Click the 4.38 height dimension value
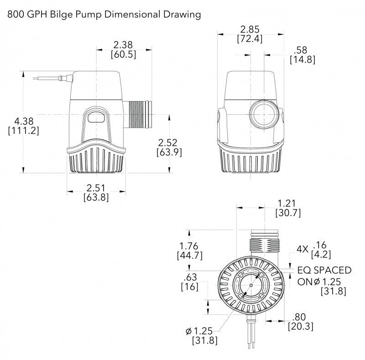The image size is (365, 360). (24, 121)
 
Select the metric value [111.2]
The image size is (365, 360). (24, 131)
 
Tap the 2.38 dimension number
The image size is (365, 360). (123, 45)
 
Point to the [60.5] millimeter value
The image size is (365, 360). (123, 54)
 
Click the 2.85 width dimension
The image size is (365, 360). (250, 30)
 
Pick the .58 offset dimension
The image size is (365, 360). (300, 50)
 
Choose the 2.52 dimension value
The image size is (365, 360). (167, 143)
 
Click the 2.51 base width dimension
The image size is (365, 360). (96, 188)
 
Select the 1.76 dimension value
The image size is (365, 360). (189, 246)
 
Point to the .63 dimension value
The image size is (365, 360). (190, 277)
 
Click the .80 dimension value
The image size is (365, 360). (299, 317)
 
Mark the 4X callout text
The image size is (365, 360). (302, 249)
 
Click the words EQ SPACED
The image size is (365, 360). (324, 270)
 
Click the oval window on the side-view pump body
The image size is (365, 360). (96, 117)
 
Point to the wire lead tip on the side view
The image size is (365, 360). (33, 78)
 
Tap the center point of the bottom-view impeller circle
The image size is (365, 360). (251, 285)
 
